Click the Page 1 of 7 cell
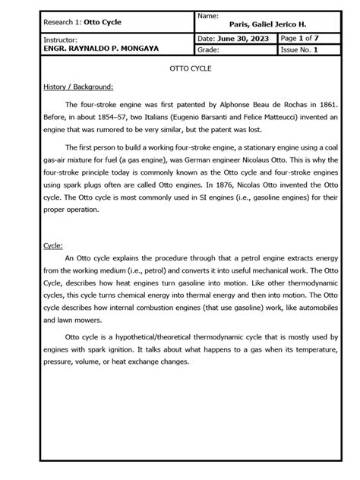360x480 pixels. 299,38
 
